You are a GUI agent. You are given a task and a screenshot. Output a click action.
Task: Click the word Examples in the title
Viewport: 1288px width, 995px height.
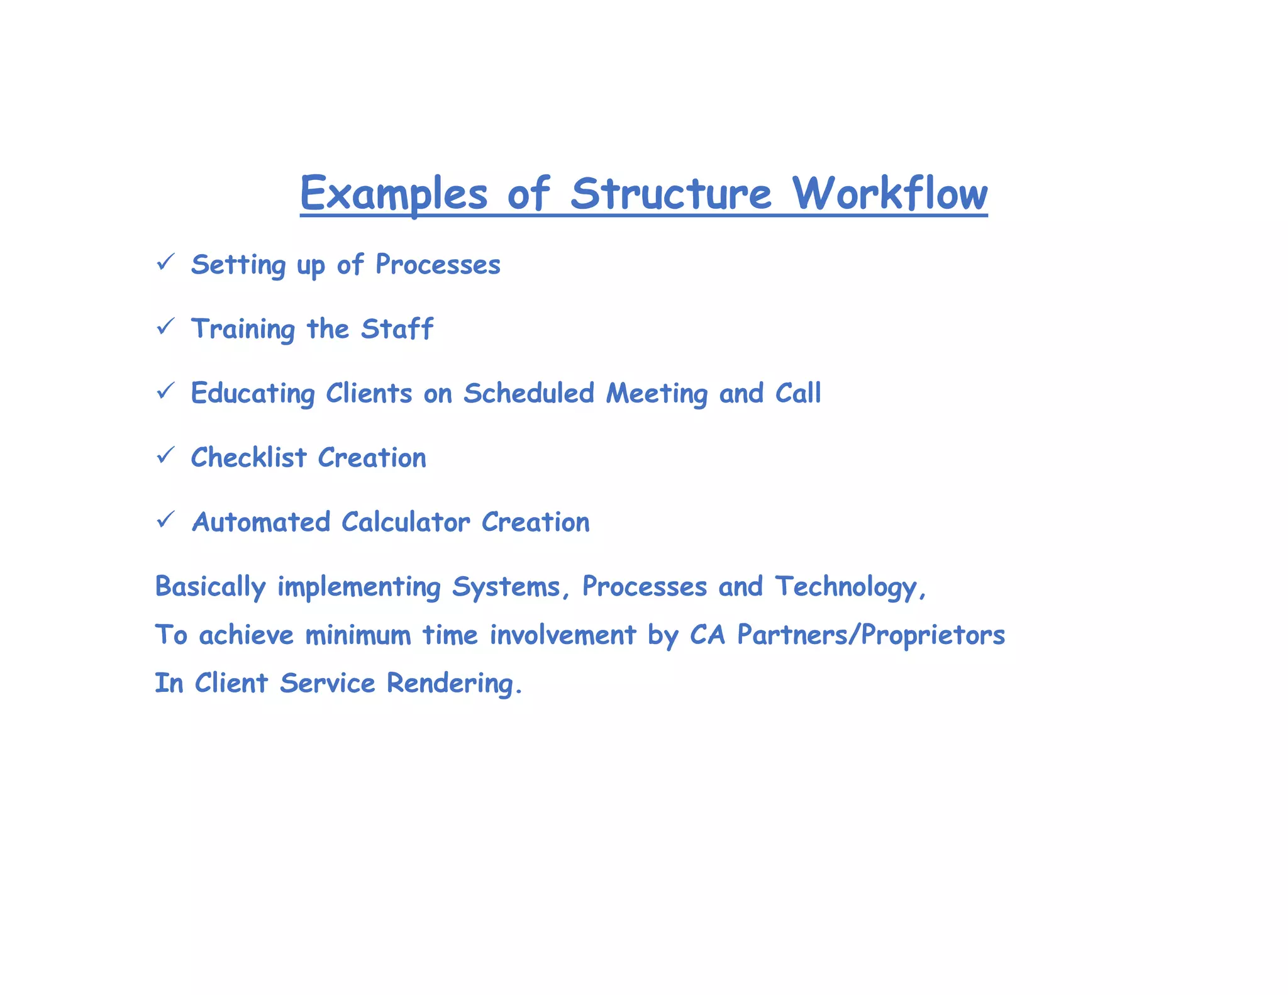394,194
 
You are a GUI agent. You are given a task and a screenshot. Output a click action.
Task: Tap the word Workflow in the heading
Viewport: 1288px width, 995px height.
889,194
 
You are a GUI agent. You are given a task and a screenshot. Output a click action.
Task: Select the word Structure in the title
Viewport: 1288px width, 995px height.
670,194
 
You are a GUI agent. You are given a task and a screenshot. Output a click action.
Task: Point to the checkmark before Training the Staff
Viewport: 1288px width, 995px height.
165,326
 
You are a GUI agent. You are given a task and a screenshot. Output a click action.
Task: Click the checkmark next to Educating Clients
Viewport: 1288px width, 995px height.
165,391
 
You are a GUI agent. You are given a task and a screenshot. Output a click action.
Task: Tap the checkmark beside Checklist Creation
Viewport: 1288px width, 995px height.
165,455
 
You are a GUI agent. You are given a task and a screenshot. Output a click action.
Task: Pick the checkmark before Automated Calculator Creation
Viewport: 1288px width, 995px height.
165,520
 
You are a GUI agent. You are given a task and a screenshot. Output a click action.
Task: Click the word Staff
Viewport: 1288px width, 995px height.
397,329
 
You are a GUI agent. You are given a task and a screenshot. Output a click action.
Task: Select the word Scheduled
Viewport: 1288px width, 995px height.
529,394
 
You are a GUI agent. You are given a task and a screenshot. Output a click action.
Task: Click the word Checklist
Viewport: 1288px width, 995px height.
249,458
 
